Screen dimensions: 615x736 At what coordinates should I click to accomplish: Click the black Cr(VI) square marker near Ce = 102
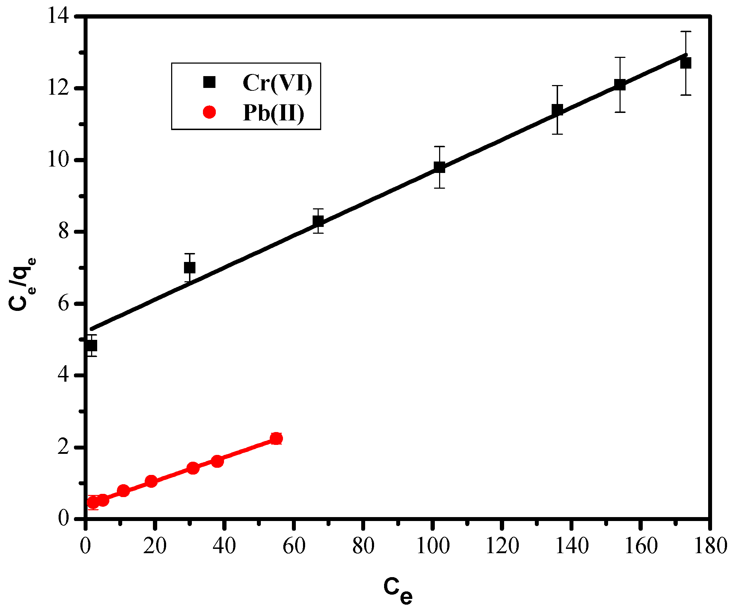tap(439, 167)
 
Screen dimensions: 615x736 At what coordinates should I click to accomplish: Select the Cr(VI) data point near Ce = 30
tap(189, 267)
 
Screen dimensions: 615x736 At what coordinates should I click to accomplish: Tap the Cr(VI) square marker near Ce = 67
tap(318, 221)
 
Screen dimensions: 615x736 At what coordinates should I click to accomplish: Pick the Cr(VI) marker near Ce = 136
tap(557, 110)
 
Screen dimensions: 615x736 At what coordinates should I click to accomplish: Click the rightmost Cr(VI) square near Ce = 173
tap(686, 63)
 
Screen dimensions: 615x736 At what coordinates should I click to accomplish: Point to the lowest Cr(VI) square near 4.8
tap(91, 346)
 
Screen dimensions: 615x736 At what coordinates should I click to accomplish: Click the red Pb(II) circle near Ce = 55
tap(276, 438)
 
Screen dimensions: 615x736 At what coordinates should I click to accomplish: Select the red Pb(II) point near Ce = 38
tap(217, 461)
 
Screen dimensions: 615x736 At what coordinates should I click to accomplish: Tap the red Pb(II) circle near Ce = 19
tap(151, 481)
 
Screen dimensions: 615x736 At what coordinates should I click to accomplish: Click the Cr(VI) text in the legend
tap(277, 83)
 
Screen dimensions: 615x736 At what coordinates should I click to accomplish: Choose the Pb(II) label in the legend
tap(273, 113)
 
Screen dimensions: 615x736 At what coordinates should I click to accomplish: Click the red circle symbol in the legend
tap(209, 112)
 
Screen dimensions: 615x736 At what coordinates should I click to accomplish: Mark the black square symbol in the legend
tap(209, 82)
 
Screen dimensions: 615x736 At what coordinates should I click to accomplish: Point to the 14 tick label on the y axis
tap(59, 17)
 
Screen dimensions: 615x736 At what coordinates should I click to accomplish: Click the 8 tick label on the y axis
tap(64, 232)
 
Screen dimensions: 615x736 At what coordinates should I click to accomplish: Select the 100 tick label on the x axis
tap(432, 546)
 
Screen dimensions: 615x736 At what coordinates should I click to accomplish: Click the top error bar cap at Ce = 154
tap(620, 57)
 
